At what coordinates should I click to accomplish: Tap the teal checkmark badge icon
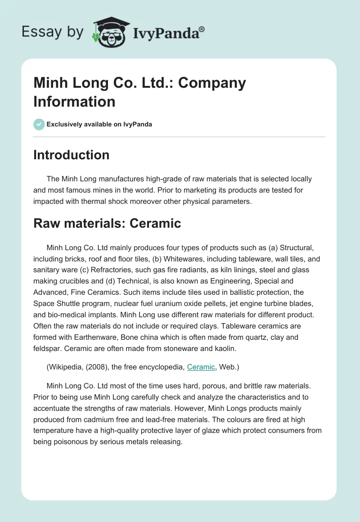[x=39, y=124]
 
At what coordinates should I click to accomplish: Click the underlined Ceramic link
[x=201, y=367]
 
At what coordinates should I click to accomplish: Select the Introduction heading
[x=71, y=155]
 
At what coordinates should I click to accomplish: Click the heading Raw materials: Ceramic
[x=107, y=223]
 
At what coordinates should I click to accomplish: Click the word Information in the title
[x=74, y=101]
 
